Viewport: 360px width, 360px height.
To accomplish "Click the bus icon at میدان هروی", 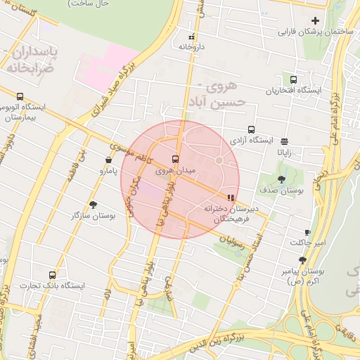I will (175, 159).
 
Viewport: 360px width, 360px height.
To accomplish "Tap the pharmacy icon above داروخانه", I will (191, 37).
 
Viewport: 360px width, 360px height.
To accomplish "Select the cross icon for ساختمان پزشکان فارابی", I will (315, 21).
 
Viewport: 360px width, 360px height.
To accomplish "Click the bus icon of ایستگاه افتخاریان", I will (293, 79).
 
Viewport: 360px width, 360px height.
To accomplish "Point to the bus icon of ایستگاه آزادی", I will (251, 129).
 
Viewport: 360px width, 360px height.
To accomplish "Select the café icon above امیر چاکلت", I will (307, 232).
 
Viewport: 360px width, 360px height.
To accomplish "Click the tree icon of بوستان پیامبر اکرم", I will (303, 259).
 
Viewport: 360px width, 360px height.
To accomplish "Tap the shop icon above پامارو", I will (107, 160).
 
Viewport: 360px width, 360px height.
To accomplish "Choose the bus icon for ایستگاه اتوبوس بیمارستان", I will (19, 97).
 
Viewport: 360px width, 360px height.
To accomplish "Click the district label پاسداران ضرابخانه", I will (32, 60).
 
